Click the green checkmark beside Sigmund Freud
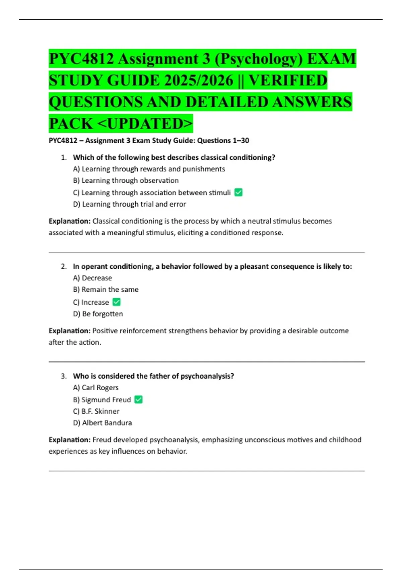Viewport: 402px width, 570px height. (138, 399)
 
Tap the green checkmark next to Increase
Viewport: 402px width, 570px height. (117, 302)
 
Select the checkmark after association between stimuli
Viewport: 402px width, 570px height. (239, 192)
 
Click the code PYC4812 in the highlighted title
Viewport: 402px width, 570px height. (81, 59)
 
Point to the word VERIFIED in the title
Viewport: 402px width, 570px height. (288, 80)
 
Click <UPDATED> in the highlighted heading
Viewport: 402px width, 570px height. (145, 123)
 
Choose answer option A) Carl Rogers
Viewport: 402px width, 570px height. (96, 388)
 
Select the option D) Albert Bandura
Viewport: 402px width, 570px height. (103, 423)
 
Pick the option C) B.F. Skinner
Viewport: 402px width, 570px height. (96, 411)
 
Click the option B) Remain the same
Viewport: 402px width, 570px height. (106, 289)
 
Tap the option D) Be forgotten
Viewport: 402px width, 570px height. (98, 314)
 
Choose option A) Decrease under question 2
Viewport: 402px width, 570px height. (92, 278)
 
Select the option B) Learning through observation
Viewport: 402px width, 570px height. (126, 180)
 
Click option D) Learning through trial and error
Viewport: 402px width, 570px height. (130, 204)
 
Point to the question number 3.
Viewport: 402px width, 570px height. (64, 376)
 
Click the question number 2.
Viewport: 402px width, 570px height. (64, 267)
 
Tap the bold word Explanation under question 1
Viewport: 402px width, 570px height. (70, 221)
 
